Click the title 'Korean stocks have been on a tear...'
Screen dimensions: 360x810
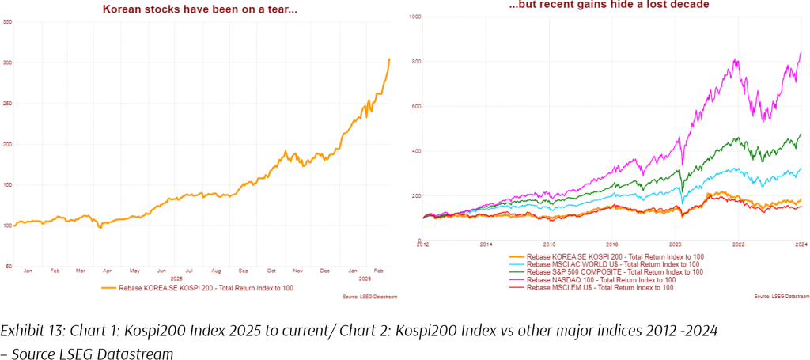(x=199, y=9)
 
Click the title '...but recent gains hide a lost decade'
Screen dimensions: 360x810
(x=608, y=5)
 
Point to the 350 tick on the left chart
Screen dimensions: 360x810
(x=7, y=21)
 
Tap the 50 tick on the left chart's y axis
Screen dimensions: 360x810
(x=9, y=267)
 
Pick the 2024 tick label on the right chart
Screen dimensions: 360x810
(x=801, y=246)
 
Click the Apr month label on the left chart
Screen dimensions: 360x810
(x=108, y=271)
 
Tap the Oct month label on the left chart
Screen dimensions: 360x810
(x=271, y=271)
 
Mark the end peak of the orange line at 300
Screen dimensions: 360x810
(x=389, y=59)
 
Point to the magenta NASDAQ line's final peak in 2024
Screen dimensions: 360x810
(x=802, y=52)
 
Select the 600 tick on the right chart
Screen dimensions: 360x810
(x=415, y=106)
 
